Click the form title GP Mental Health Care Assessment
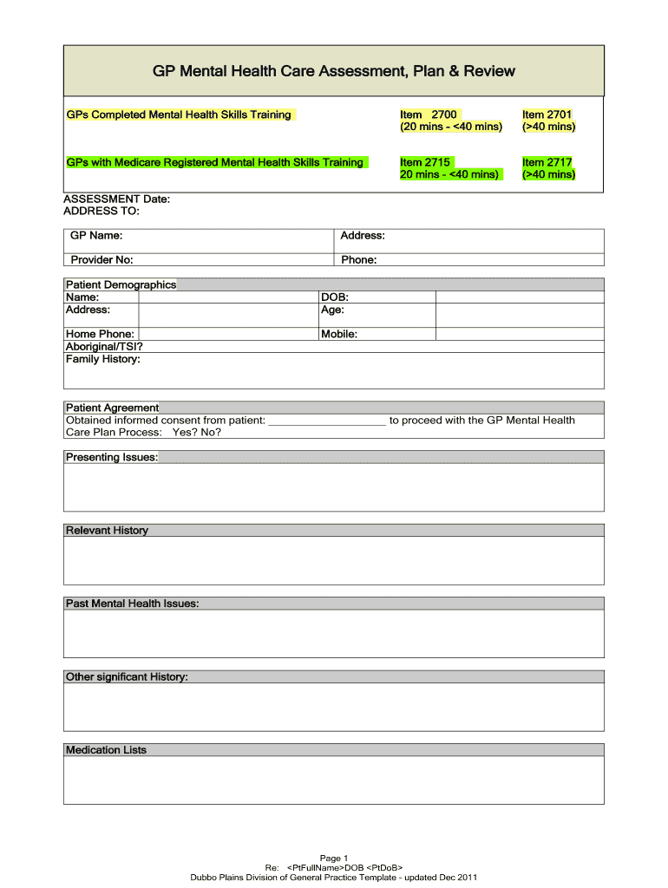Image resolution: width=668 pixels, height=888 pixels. (334, 71)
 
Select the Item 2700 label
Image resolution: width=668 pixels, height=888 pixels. (428, 114)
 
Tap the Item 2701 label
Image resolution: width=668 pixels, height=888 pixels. (547, 114)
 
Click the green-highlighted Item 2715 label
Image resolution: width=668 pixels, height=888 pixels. (425, 162)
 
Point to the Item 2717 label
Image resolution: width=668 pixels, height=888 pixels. (547, 162)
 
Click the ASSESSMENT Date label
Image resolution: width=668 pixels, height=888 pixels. (117, 199)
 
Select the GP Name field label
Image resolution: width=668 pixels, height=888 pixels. (96, 236)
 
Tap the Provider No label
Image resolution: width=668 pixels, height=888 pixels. (102, 259)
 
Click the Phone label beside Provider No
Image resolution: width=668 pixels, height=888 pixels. (358, 259)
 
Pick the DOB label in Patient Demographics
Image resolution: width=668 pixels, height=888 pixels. (335, 297)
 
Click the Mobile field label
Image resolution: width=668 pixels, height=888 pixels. (339, 334)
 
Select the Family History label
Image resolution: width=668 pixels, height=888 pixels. (102, 359)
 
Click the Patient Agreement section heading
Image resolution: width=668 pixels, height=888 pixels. (112, 408)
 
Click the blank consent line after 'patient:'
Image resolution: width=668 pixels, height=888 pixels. (327, 421)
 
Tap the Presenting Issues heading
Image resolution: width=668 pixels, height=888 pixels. (112, 457)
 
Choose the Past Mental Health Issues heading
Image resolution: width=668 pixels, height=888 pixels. (132, 604)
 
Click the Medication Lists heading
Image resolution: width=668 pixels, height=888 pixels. (106, 750)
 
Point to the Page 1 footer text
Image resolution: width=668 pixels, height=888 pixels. (334, 859)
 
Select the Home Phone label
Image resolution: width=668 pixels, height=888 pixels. (100, 334)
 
